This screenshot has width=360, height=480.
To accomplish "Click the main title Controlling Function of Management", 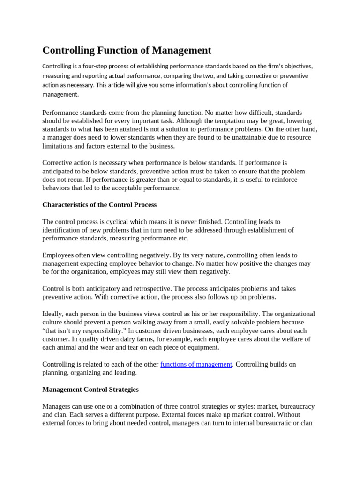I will pos(127,50).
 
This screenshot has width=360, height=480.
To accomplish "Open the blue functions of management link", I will pos(196,364).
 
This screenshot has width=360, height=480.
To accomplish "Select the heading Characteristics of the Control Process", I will pos(99,205).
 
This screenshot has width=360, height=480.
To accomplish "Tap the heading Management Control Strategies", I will pos(90,390).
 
